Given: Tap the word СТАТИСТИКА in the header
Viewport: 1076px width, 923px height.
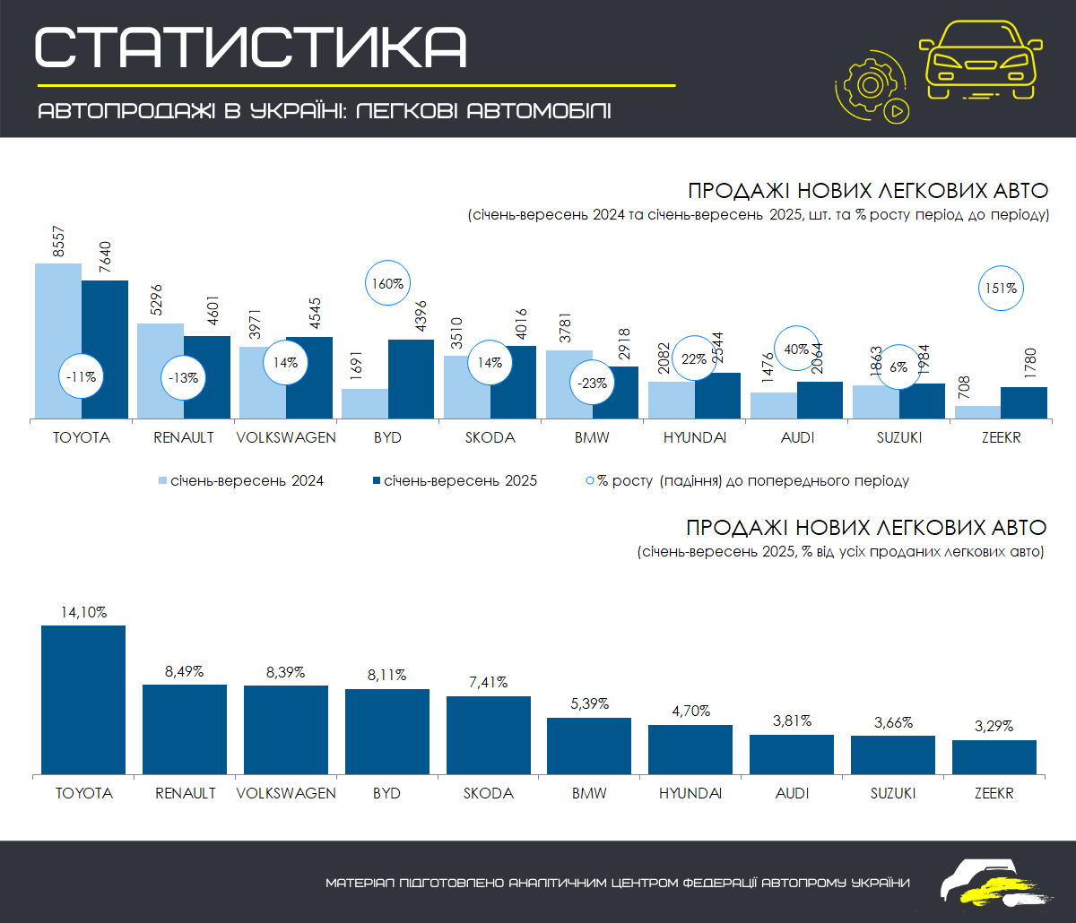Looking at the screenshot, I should pos(251,47).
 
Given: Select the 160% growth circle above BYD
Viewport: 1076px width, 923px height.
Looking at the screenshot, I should pos(388,284).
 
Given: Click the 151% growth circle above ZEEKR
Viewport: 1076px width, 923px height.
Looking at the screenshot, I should pos(1000,289).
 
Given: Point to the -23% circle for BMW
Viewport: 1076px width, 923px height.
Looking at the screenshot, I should pos(592,383).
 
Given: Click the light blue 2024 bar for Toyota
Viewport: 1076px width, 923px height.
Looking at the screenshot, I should pos(58,341).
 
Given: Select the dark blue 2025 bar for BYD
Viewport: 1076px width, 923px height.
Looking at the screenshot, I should pos(411,378).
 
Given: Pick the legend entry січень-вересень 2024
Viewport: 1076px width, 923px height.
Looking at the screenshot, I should pos(241,481).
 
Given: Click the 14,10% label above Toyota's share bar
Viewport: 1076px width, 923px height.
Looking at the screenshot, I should pos(83,613).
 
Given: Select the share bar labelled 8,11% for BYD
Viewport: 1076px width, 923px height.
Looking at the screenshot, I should pos(387,731).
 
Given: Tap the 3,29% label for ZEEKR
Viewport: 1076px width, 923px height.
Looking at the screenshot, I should pos(994,727).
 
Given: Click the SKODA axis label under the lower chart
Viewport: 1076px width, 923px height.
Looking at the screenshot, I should pos(489,794).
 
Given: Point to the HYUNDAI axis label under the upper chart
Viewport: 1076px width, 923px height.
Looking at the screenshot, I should pos(694,438).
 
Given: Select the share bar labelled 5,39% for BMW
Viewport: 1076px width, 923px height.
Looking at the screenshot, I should pos(589,746).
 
